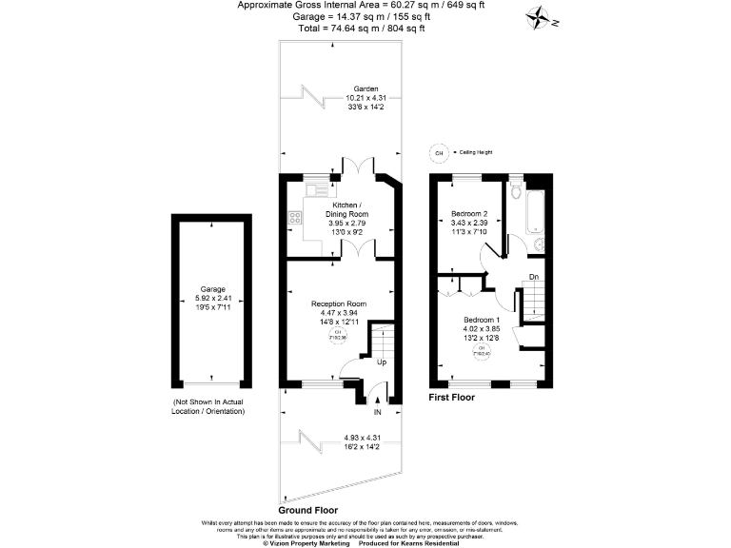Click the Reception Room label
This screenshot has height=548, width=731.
click(x=339, y=304)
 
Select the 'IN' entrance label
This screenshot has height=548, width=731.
click(x=377, y=413)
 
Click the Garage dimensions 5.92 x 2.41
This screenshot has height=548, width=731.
click(x=212, y=298)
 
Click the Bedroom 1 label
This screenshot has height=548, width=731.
click(x=481, y=319)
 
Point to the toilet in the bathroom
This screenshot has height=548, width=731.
click(x=515, y=193)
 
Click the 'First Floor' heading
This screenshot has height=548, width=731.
click(x=451, y=398)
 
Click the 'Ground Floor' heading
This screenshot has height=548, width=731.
click(x=309, y=511)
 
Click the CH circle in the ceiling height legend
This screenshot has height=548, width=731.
click(x=440, y=151)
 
